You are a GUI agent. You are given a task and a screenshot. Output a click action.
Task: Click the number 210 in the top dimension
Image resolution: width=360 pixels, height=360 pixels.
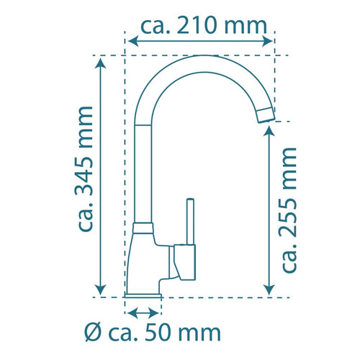[x=197, y=25]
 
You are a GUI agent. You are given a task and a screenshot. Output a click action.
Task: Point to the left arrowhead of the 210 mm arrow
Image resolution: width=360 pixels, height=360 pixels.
[x=133, y=41]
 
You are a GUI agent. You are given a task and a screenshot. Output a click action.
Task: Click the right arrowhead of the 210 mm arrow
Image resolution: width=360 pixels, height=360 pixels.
[x=267, y=41]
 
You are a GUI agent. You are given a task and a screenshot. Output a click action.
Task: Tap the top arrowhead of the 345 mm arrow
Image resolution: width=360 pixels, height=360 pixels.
[x=101, y=63]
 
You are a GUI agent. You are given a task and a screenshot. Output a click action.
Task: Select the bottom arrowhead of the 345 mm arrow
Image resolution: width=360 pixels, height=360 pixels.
[x=101, y=289]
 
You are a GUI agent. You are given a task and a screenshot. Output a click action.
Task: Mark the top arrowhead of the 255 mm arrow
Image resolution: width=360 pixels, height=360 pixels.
[x=269, y=131]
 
